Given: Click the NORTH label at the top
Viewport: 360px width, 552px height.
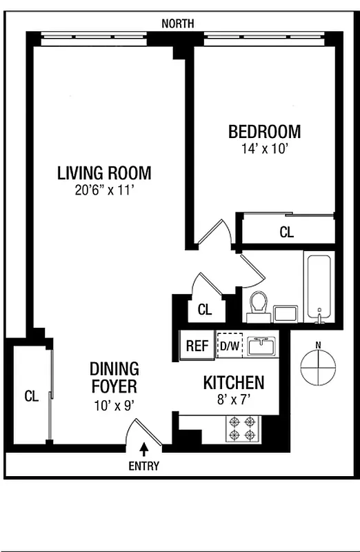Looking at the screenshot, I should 177,23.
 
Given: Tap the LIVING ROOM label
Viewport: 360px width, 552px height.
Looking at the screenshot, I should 104,173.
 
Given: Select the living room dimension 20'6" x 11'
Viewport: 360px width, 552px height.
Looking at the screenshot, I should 104,190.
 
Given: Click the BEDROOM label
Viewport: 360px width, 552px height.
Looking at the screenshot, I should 264,131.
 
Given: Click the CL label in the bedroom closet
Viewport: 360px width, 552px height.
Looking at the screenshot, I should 286,233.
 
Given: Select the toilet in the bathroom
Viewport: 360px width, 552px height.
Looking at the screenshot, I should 259,305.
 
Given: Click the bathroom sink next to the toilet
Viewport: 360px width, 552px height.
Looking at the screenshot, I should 284,313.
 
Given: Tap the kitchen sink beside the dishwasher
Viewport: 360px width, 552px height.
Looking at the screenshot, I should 261,346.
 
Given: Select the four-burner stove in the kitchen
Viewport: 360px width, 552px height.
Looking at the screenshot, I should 243,428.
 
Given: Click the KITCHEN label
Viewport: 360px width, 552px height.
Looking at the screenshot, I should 233,383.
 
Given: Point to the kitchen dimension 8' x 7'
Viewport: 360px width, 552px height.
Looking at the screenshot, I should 233,398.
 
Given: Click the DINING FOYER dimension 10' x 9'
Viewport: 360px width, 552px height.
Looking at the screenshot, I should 114,406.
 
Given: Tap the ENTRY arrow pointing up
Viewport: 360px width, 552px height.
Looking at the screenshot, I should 143,448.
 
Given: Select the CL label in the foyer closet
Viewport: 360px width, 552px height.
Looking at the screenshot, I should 31,396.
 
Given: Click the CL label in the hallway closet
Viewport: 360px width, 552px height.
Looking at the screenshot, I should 204,310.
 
